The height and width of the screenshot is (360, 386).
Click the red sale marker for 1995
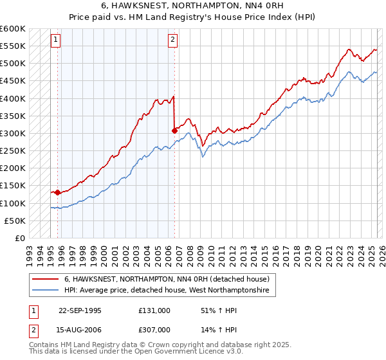58,192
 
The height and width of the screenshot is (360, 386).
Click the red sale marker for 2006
174,130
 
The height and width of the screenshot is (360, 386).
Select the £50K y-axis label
15,221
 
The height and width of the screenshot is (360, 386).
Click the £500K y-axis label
12,64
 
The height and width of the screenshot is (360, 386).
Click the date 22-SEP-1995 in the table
80,310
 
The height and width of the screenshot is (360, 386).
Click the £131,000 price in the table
154,310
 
